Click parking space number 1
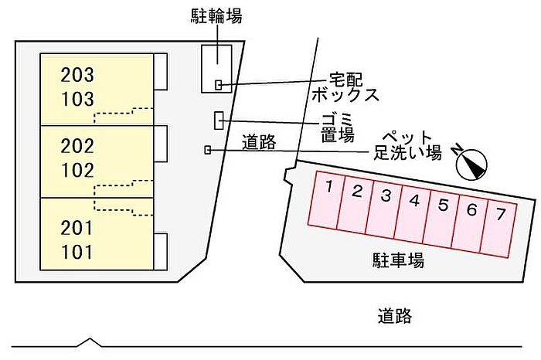point(326,199)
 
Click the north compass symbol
point(471,164)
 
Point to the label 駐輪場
point(216,16)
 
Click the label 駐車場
point(398,260)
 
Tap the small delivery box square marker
point(219,85)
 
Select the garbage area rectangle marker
point(219,121)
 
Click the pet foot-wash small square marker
point(207,150)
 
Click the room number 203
point(77,75)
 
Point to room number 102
point(77,171)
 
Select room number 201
point(77,228)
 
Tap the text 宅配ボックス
point(345,87)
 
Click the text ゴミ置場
point(338,127)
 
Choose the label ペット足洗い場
point(407,145)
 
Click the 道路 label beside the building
point(259,141)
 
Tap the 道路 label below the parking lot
point(395,315)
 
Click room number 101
point(77,252)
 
